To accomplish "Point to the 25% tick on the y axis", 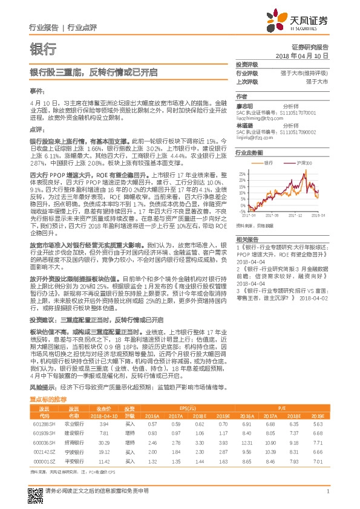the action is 241,172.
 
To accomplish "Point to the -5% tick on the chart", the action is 242,208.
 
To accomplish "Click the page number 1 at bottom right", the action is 327,496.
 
